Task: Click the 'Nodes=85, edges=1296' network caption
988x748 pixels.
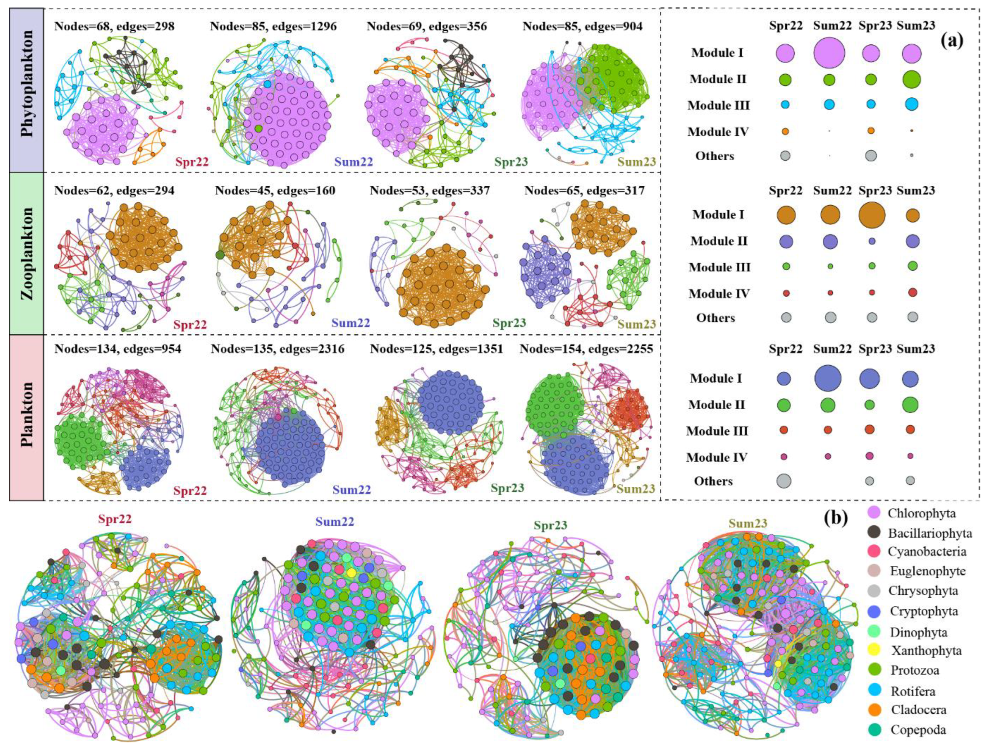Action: tap(273, 26)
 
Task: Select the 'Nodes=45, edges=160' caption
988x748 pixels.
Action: tap(275, 191)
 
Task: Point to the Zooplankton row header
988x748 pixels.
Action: tap(27, 253)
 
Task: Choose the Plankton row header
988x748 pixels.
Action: tap(27, 418)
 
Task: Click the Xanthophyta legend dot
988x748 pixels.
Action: tap(875, 651)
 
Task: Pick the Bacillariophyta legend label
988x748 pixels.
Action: tap(930, 533)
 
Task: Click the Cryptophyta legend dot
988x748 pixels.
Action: tap(875, 611)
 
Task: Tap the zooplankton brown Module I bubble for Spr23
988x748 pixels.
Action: tap(871, 215)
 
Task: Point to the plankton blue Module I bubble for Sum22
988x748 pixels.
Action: tap(828, 378)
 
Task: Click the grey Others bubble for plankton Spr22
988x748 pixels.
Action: tap(784, 480)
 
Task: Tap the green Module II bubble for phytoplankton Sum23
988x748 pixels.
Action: tap(912, 79)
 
